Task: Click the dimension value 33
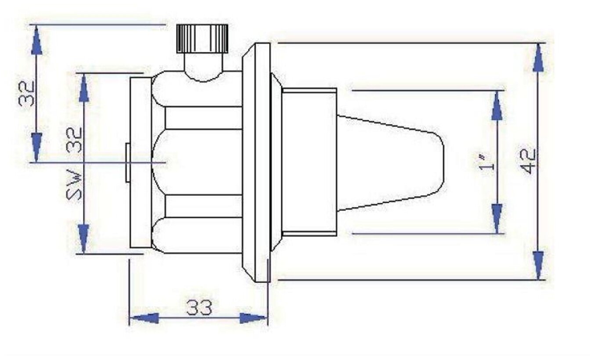click(199, 307)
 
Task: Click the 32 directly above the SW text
click(74, 140)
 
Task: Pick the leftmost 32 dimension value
click(26, 94)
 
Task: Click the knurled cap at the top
click(202, 39)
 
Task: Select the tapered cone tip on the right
click(390, 163)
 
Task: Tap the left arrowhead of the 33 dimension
click(145, 318)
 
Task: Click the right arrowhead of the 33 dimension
click(252, 318)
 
